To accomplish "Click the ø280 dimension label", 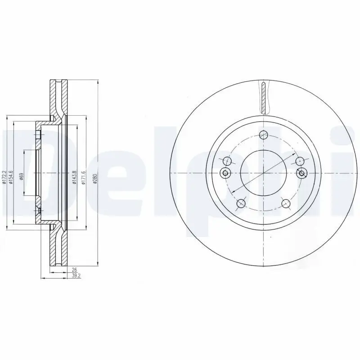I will point(95,179).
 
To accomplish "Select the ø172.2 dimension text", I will point(4,176).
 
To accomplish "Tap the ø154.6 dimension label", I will point(10,176).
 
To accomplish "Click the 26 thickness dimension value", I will point(74,270).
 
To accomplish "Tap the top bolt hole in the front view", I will point(264,134).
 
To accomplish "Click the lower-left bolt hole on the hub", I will point(241,203).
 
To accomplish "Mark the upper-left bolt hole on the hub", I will point(227,161).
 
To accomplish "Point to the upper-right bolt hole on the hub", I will point(300,161).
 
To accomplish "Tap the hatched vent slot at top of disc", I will point(264,97).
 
